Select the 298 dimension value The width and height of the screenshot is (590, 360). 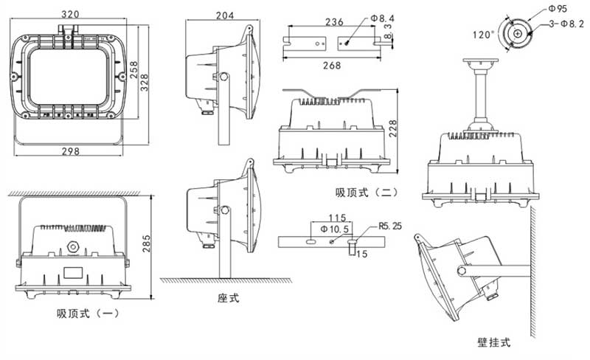[x=71, y=151]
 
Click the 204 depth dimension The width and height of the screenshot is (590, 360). [x=225, y=15]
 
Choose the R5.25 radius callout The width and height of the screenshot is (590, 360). [x=388, y=225]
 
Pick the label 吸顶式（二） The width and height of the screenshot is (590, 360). [x=366, y=193]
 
